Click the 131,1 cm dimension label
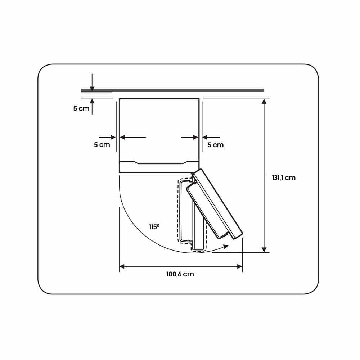(284, 178)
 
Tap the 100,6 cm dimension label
(180, 274)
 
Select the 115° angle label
(154, 227)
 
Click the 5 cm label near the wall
(81, 108)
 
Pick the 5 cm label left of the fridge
(102, 145)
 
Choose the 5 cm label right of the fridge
(216, 145)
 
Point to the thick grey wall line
(172, 90)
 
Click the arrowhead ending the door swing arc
(226, 247)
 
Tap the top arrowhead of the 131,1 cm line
(264, 101)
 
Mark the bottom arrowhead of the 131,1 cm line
(264, 249)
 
